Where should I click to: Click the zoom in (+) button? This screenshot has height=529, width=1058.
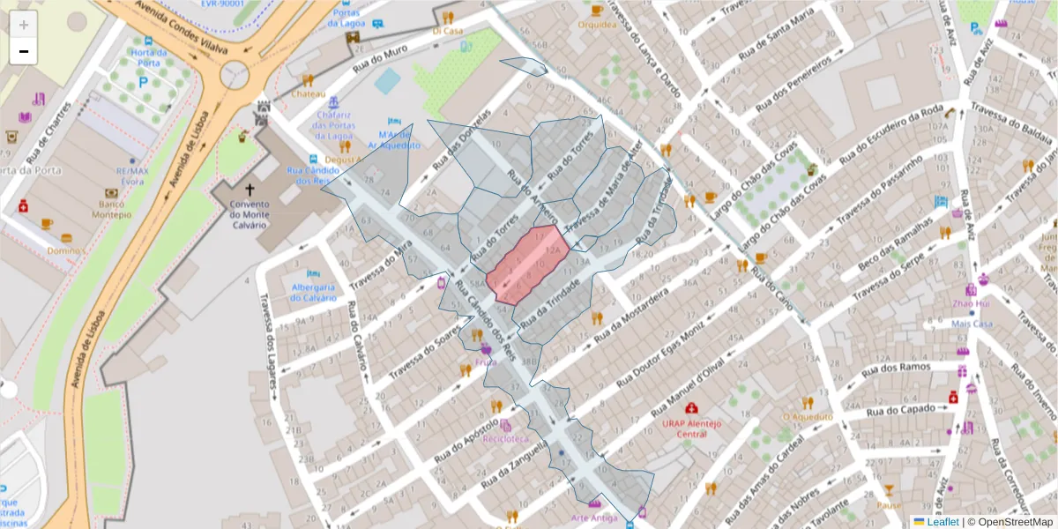(x=24, y=25)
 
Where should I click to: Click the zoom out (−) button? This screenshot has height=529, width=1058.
(x=24, y=52)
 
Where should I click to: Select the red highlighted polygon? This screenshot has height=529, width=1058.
(x=527, y=264)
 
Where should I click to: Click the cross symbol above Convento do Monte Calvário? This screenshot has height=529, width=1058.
(x=250, y=190)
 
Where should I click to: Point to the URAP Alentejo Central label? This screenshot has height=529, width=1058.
(x=691, y=428)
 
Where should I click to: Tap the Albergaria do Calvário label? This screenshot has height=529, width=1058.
(x=314, y=292)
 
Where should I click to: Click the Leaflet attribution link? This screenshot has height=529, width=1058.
(x=943, y=522)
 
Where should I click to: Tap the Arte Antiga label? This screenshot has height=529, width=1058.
(x=594, y=518)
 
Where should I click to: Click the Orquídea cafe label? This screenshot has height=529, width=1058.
(x=597, y=25)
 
